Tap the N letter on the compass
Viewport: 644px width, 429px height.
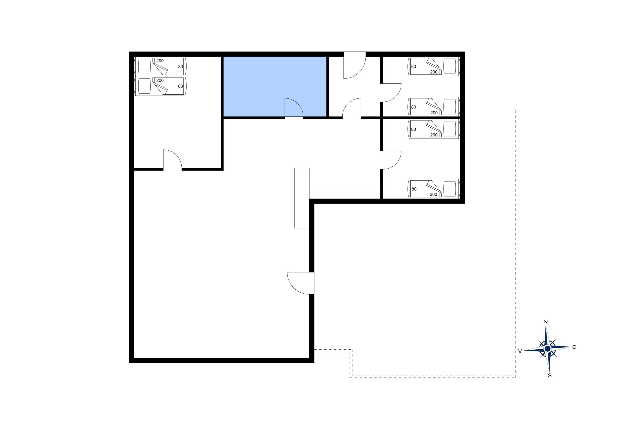pyautogui.click(x=545, y=322)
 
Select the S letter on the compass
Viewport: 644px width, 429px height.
pyautogui.click(x=550, y=376)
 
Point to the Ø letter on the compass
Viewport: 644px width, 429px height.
pyautogui.click(x=574, y=347)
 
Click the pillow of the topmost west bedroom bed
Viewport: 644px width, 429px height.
pyautogui.click(x=144, y=66)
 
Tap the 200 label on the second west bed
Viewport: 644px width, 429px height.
pyautogui.click(x=160, y=80)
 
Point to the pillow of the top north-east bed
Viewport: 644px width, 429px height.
pyautogui.click(x=450, y=66)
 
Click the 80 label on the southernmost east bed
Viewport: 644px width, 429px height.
pyautogui.click(x=414, y=189)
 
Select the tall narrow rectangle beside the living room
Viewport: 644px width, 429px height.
pyautogui.click(x=302, y=198)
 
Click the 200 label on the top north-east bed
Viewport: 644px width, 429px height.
pyautogui.click(x=434, y=72)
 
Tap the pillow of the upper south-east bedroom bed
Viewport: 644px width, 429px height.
pyautogui.click(x=450, y=128)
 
